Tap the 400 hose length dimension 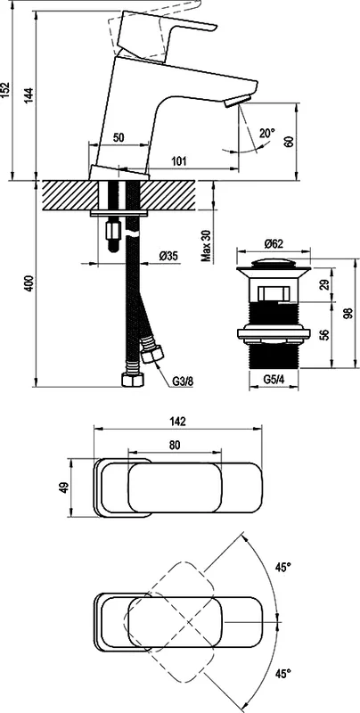click(x=29, y=284)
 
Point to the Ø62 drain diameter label click(x=274, y=242)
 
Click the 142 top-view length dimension click(x=176, y=425)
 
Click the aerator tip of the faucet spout click(x=233, y=103)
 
